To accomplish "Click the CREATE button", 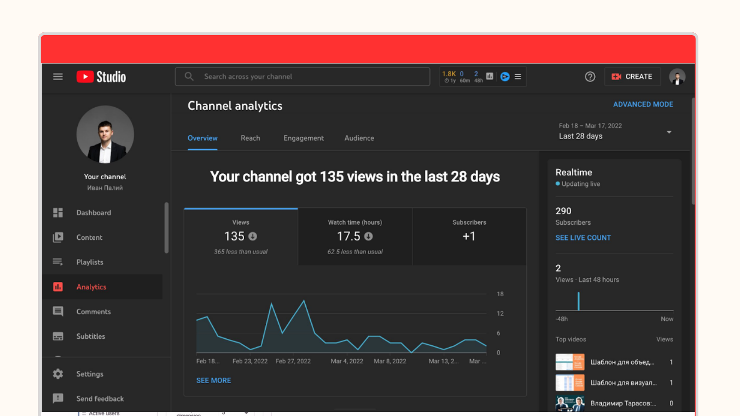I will click(x=632, y=77).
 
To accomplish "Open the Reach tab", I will click(x=250, y=138).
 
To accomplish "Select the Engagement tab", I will click(x=303, y=138).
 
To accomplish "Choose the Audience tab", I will click(x=359, y=138).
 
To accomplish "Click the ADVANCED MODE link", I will click(x=643, y=104).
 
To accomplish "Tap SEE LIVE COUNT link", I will click(x=583, y=238).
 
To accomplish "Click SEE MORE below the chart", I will click(x=213, y=380).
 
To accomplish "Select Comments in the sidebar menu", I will click(x=93, y=312).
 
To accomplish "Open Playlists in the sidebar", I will click(x=90, y=262).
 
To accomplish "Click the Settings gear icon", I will click(x=58, y=374).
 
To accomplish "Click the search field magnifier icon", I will click(x=189, y=76).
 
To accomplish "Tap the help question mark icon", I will click(x=590, y=77).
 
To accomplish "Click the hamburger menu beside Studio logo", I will click(x=58, y=77).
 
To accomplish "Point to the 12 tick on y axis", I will click(x=500, y=313).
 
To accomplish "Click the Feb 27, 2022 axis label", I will click(x=293, y=361).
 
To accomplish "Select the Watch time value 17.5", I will click(x=349, y=236).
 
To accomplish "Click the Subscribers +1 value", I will click(x=469, y=236).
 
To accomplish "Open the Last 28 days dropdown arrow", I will click(x=669, y=132).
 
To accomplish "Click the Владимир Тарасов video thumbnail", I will click(x=570, y=403).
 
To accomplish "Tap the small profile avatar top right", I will click(x=677, y=77).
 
